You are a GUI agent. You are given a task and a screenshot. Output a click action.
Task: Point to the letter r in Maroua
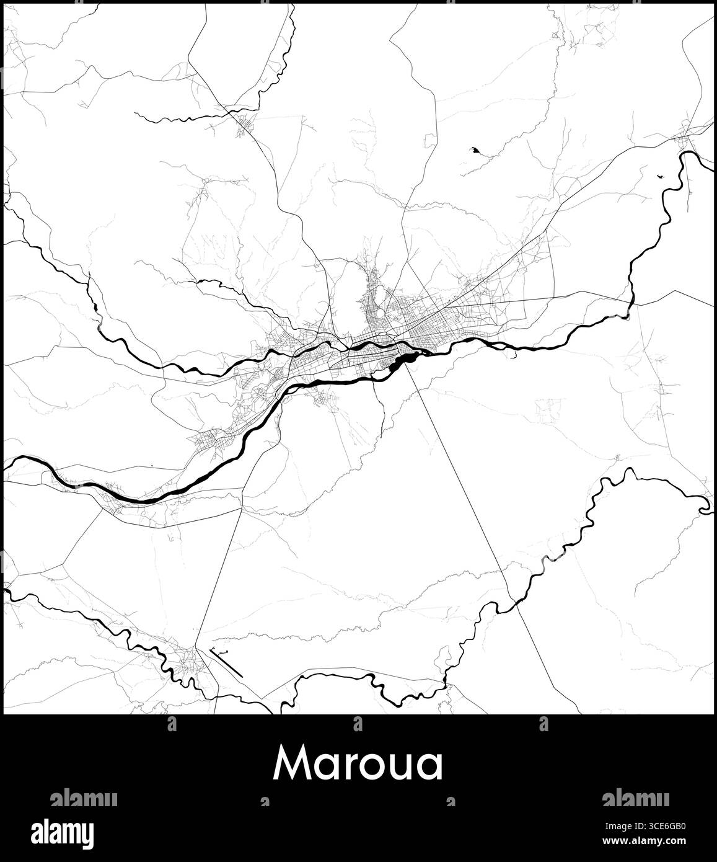tap(346, 767)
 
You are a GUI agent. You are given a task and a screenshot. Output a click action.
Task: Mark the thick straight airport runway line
tap(227, 663)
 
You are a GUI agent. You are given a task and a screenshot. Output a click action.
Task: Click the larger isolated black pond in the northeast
tap(475, 151)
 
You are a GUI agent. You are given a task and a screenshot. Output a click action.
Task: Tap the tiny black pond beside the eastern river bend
tap(659, 176)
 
